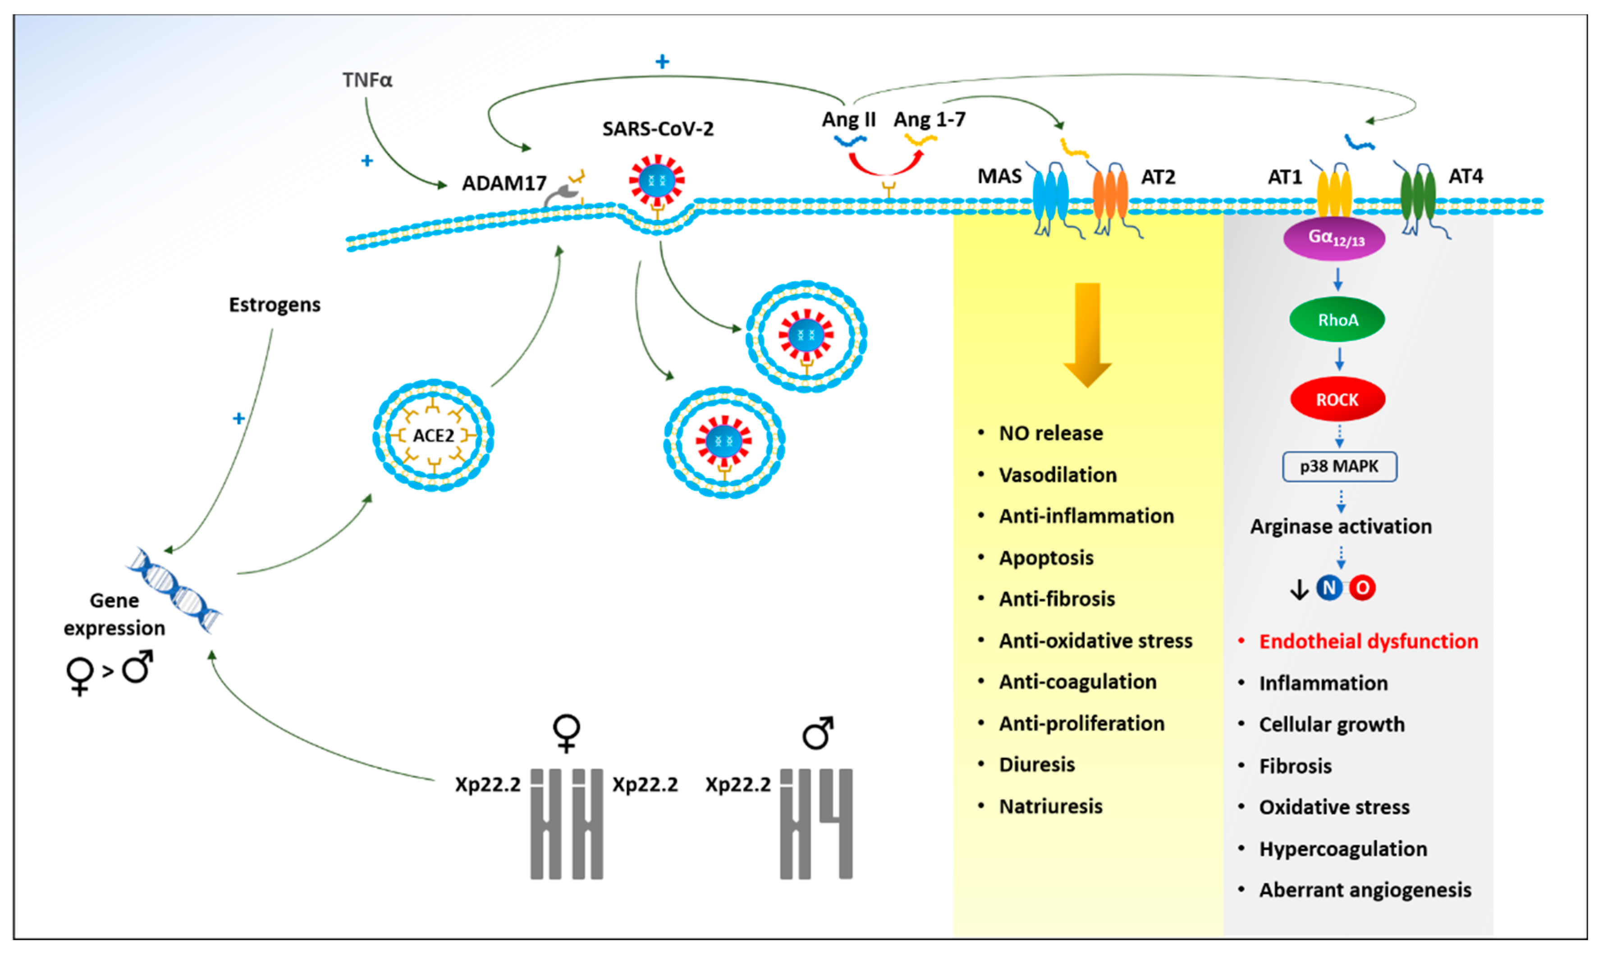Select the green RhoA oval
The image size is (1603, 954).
click(x=1337, y=320)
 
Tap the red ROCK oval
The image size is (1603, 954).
click(x=1337, y=400)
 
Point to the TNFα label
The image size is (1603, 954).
click(x=367, y=80)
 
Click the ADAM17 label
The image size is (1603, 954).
click(x=504, y=184)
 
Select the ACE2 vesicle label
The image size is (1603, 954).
click(x=433, y=436)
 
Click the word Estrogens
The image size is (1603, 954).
click(x=275, y=305)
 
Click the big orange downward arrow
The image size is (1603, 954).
click(x=1087, y=334)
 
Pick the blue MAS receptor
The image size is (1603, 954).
click(x=1050, y=193)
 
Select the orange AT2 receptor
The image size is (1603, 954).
click(x=1110, y=193)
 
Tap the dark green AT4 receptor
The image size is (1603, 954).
click(x=1417, y=193)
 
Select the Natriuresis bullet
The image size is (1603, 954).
click(x=1050, y=807)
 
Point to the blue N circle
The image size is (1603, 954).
click(x=1329, y=588)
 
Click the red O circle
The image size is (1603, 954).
click(x=1362, y=588)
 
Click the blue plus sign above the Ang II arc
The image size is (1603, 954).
click(x=662, y=62)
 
